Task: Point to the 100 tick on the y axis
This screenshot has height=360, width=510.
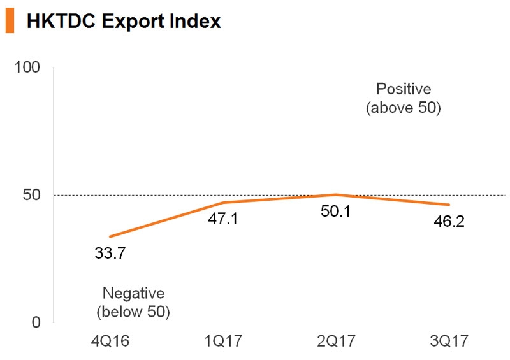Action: pyautogui.click(x=27, y=68)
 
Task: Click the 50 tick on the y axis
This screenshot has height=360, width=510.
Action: pyautogui.click(x=32, y=195)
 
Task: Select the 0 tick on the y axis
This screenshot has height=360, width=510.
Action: pyautogui.click(x=36, y=322)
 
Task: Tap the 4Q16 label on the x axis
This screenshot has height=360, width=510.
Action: pyautogui.click(x=110, y=342)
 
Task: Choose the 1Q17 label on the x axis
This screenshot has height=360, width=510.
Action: pyautogui.click(x=222, y=342)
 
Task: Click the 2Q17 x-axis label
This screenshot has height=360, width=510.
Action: pyautogui.click(x=335, y=342)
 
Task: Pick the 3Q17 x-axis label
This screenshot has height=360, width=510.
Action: pyautogui.click(x=448, y=342)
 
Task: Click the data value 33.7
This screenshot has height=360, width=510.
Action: pyautogui.click(x=110, y=254)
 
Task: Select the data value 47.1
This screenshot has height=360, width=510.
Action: pyautogui.click(x=222, y=220)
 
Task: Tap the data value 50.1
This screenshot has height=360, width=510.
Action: pyautogui.click(x=335, y=211)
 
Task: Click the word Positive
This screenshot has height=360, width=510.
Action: pyautogui.click(x=404, y=89)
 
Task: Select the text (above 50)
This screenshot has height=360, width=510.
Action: pyautogui.click(x=404, y=108)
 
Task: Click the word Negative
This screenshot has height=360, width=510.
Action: pyautogui.click(x=133, y=294)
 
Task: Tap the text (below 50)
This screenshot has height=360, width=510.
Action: pyautogui.click(x=133, y=312)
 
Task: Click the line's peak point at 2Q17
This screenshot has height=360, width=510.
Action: pyautogui.click(x=335, y=194)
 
